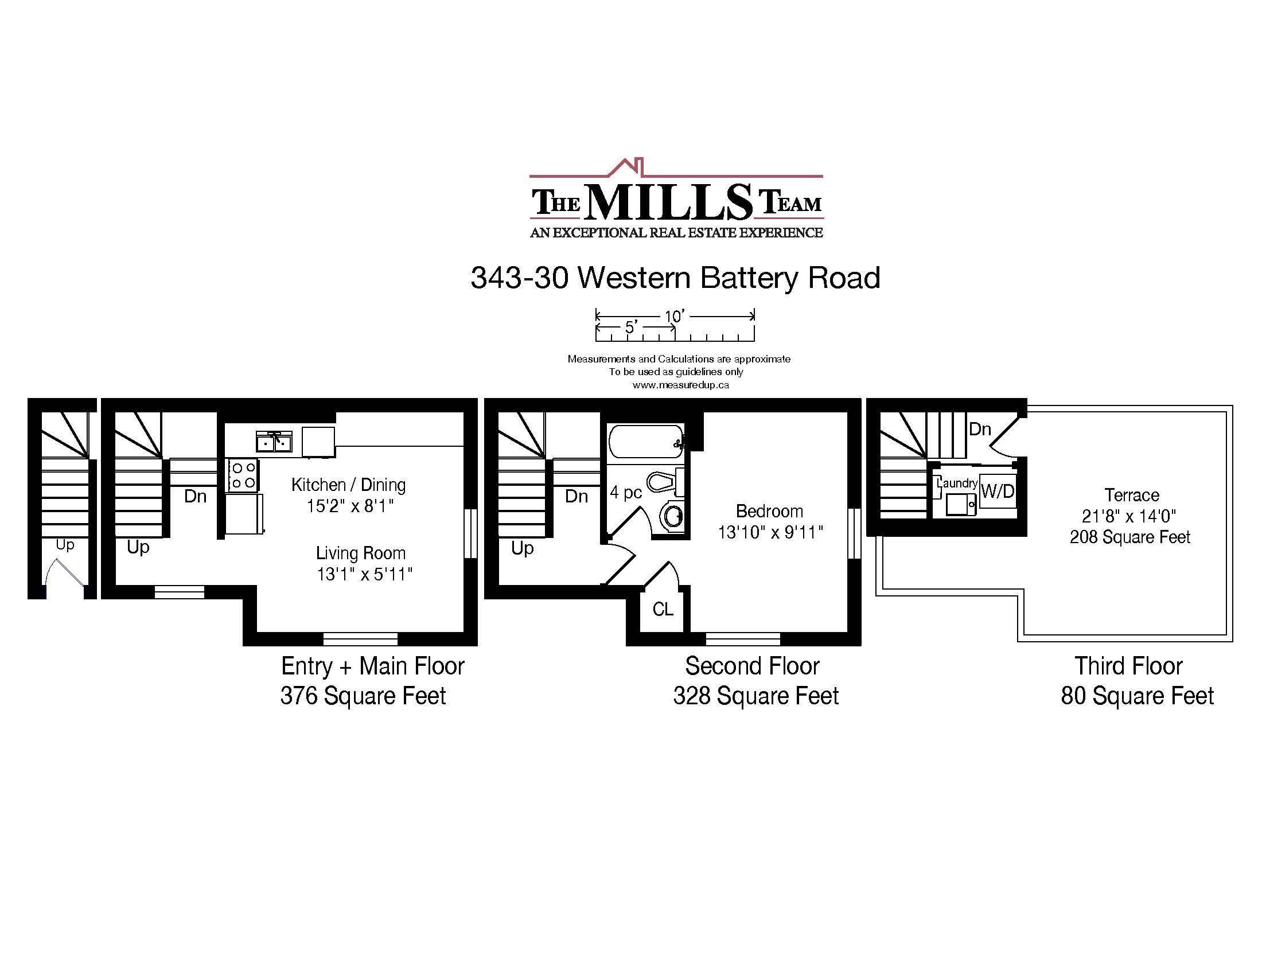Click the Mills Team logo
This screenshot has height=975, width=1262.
(676, 198)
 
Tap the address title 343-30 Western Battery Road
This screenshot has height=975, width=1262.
(675, 278)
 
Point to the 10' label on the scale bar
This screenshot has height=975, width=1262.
(674, 316)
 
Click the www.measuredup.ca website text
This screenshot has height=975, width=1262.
(680, 385)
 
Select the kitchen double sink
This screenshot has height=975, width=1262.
(274, 442)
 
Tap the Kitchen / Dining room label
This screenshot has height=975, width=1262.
(348, 485)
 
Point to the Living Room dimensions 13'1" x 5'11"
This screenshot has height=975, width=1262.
(365, 574)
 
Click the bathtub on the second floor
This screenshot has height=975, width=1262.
(646, 441)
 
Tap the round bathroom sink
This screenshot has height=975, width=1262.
(673, 516)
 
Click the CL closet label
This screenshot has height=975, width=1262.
(663, 609)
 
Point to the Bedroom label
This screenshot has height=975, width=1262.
(769, 511)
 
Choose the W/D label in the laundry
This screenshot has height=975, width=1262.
(998, 491)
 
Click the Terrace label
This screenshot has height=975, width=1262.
(1132, 495)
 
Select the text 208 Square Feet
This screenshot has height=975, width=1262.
(1129, 537)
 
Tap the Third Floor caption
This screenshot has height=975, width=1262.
(1128, 666)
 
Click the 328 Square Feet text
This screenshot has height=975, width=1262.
(756, 696)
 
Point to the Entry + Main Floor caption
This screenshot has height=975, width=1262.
(373, 666)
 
